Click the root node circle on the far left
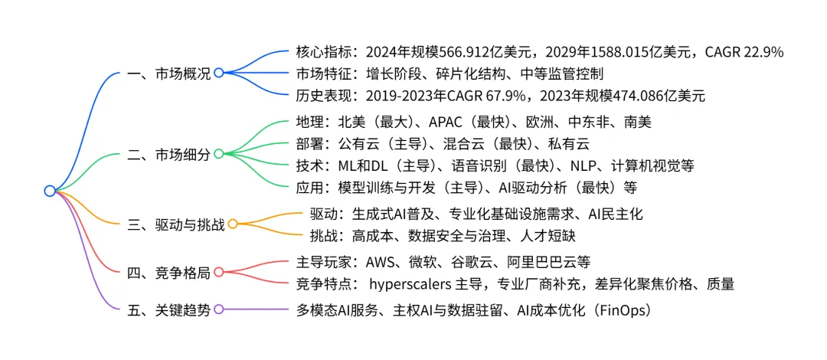click(x=50, y=191)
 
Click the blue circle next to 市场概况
click(x=218, y=73)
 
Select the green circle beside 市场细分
click(x=218, y=154)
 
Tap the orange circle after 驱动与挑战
click(x=233, y=224)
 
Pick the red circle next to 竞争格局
click(x=218, y=271)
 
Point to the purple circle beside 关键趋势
click(x=218, y=309)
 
